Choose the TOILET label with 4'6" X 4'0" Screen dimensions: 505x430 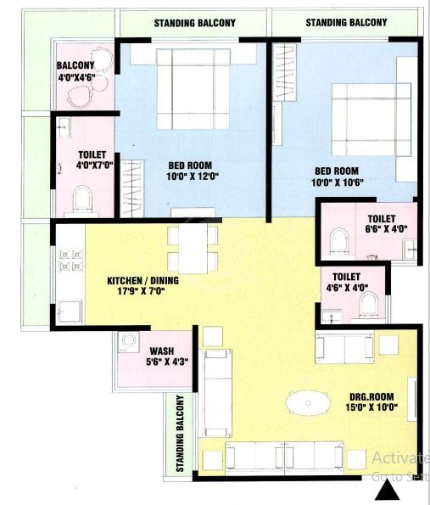click(x=347, y=277)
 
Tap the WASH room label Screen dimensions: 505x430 click(x=162, y=351)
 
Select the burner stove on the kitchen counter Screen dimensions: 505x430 click(x=67, y=261)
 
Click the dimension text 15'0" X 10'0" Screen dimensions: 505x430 click(x=371, y=409)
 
